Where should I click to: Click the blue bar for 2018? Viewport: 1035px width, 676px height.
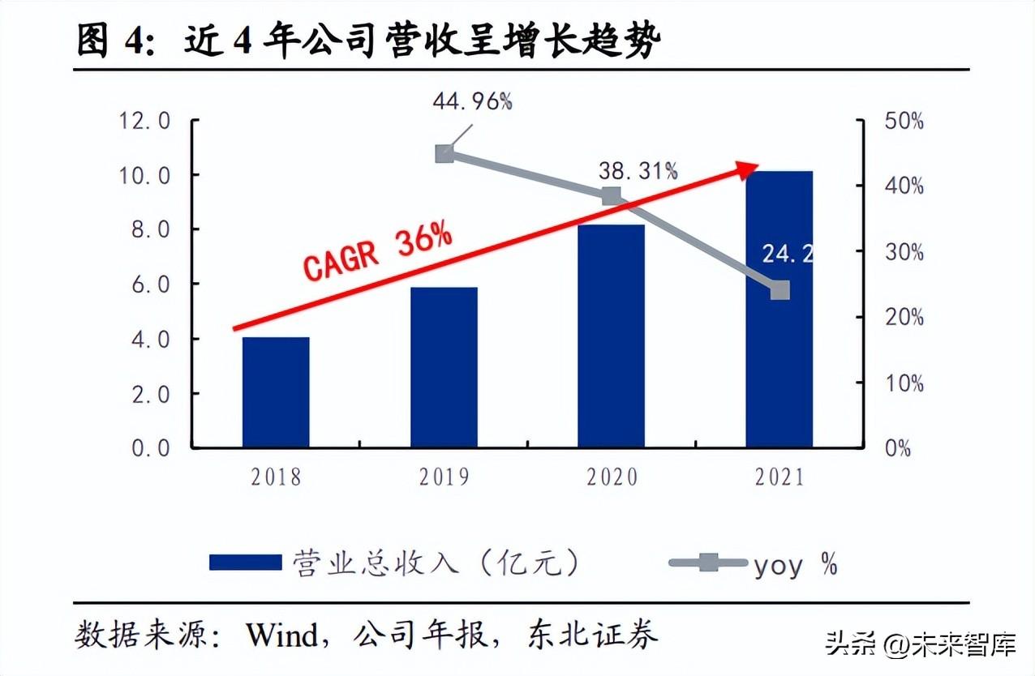(276, 392)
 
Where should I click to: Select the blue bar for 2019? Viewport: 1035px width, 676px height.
(444, 367)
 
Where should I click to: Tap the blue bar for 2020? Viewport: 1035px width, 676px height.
(612, 336)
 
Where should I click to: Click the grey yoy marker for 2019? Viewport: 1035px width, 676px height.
(444, 154)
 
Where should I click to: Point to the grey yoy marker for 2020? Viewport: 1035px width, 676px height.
(612, 196)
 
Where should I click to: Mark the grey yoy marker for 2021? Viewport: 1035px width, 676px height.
(779, 289)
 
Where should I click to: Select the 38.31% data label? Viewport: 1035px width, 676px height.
(638, 170)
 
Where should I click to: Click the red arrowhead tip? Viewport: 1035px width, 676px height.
(758, 165)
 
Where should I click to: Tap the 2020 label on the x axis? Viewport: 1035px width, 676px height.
(612, 477)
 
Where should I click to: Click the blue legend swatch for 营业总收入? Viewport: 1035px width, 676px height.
(244, 562)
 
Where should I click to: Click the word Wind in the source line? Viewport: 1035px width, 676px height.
(283, 635)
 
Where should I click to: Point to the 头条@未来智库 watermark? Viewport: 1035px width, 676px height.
(921, 645)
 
